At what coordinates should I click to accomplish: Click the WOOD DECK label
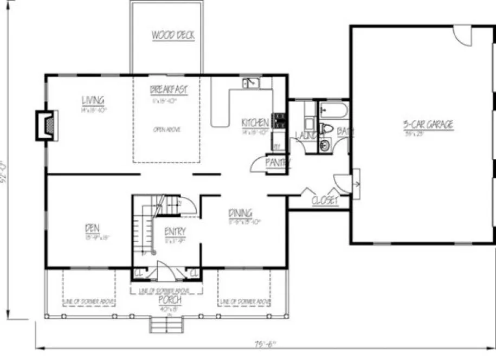click(x=172, y=36)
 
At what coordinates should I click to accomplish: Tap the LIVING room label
click(x=93, y=100)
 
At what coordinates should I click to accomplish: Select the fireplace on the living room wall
click(x=46, y=125)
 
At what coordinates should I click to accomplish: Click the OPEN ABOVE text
click(x=166, y=130)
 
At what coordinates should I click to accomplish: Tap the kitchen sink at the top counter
click(x=250, y=83)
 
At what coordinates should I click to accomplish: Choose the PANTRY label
click(x=278, y=162)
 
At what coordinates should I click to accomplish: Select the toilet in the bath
click(x=326, y=128)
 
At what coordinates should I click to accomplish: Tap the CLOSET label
click(x=325, y=201)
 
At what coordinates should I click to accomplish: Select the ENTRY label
click(x=175, y=232)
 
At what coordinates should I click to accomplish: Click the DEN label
click(x=93, y=228)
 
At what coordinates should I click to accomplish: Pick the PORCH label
click(x=166, y=300)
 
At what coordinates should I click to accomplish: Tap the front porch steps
click(x=166, y=325)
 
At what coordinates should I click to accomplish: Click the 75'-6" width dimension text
click(x=266, y=343)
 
